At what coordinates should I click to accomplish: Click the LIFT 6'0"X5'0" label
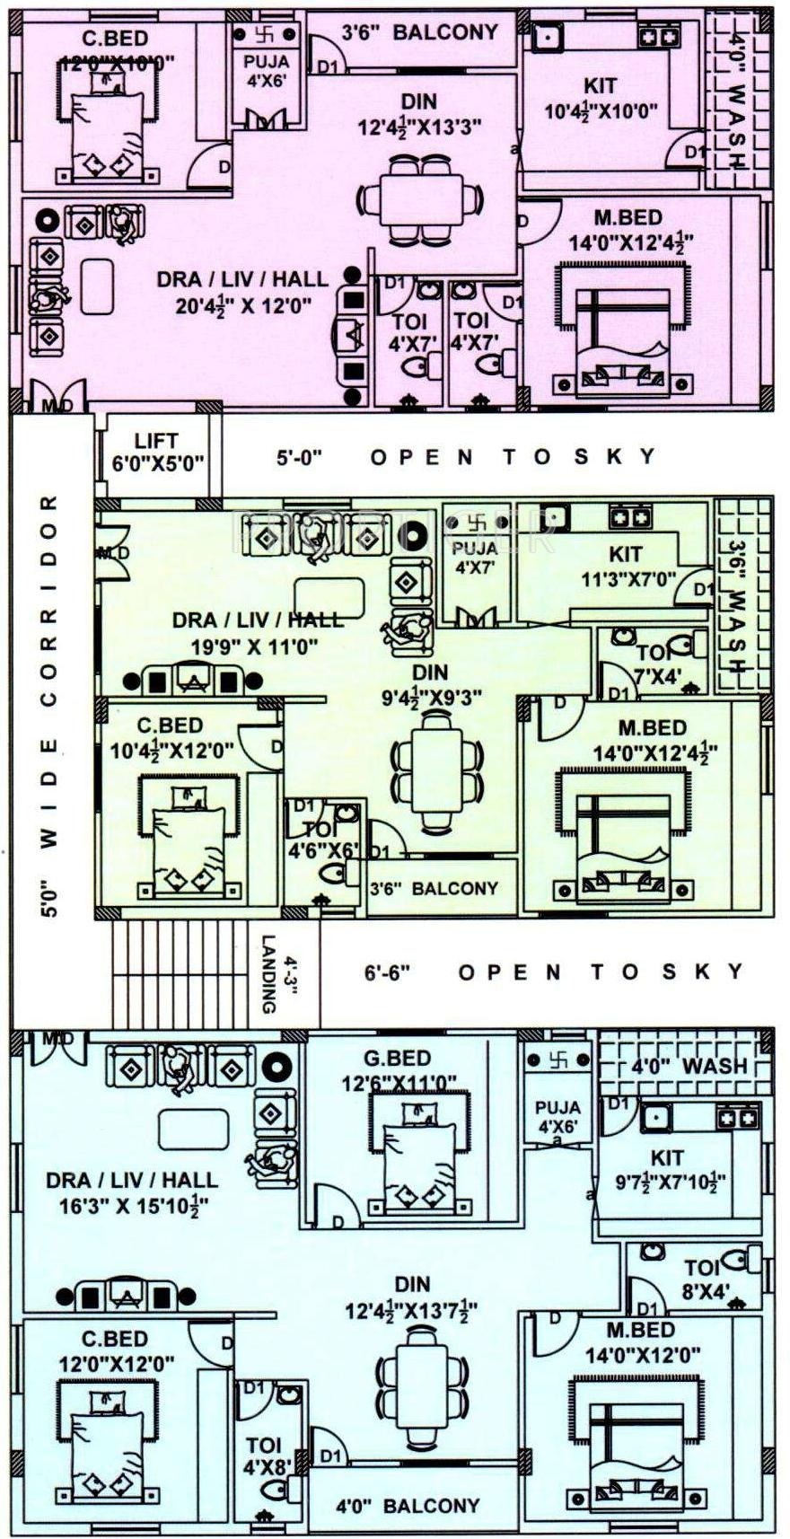(x=156, y=453)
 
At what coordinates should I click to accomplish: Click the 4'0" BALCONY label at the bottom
(x=408, y=1506)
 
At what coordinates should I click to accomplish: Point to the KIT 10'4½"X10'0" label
(x=601, y=98)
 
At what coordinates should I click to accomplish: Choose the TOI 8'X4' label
(x=701, y=1279)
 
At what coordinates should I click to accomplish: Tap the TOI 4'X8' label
(x=263, y=1455)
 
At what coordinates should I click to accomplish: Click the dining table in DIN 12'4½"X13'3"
(x=420, y=201)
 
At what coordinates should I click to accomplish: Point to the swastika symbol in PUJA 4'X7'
(x=477, y=521)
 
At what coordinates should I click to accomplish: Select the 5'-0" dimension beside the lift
(x=299, y=457)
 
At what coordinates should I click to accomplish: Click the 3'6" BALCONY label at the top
(x=420, y=32)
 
